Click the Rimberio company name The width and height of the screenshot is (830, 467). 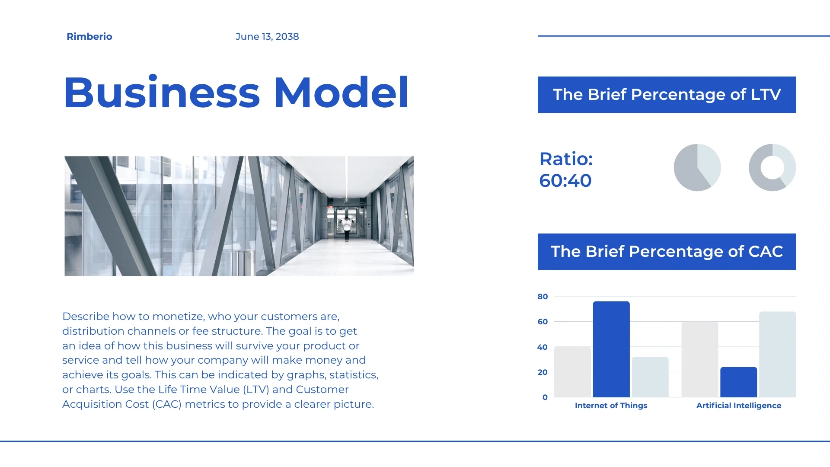89,37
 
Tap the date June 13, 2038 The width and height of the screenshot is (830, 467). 267,37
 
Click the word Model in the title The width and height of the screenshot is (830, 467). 341,92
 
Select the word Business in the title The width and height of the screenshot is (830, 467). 162,92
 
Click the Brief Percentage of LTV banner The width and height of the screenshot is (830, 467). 667,95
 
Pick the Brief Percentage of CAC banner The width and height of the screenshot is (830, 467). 667,252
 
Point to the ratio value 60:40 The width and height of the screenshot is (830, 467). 565,181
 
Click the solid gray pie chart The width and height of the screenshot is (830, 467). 697,167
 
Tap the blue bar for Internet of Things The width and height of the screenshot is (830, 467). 611,349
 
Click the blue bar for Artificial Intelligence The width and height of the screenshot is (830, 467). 738,382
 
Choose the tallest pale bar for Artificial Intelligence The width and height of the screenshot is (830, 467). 777,355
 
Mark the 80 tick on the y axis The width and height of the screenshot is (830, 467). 543,297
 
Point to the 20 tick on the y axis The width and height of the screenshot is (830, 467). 543,372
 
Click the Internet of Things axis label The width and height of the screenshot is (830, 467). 611,406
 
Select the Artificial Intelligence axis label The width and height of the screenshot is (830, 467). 738,406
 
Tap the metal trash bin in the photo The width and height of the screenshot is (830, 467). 245,262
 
